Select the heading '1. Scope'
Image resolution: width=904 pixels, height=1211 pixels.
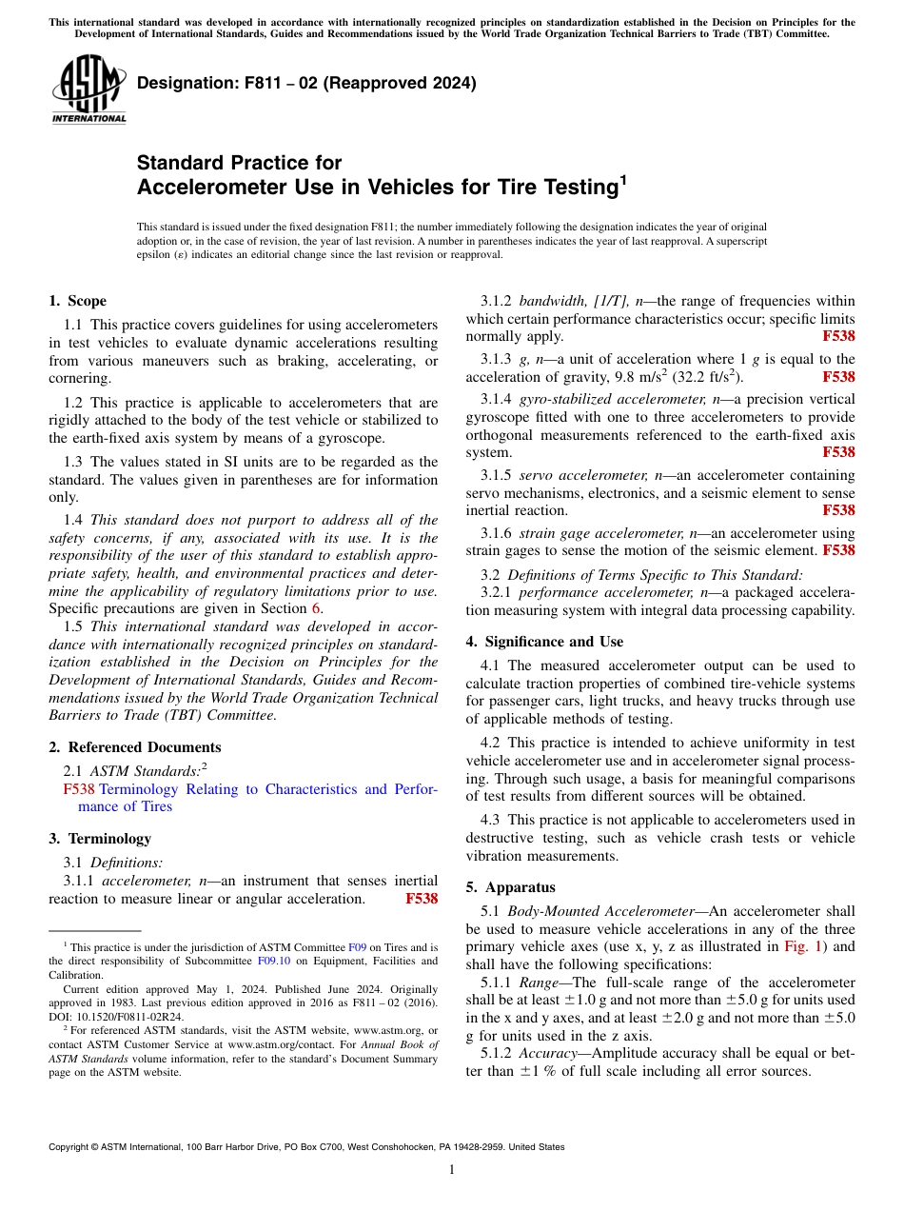[x=77, y=301]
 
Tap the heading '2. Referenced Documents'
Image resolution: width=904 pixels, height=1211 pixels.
[x=134, y=747]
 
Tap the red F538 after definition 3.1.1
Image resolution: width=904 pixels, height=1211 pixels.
[x=422, y=899]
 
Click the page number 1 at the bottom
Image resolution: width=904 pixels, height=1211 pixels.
[x=452, y=1170]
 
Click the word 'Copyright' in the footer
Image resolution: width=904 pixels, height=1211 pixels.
[x=69, y=1147]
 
